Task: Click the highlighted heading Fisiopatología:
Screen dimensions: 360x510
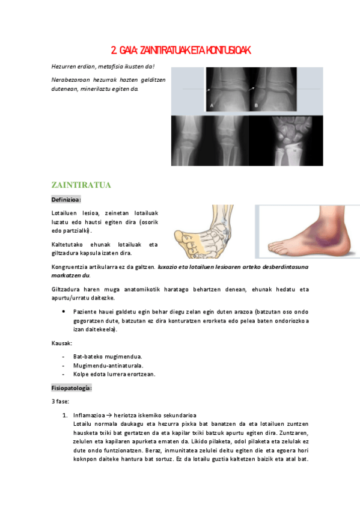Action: pyautogui.click(x=72, y=388)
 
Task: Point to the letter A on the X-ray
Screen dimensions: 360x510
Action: pyautogui.click(x=212, y=104)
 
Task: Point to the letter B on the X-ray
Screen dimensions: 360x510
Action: pyautogui.click(x=257, y=104)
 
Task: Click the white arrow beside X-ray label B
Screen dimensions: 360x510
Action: pyautogui.click(x=255, y=89)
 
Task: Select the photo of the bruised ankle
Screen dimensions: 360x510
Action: pyautogui.click(x=307, y=232)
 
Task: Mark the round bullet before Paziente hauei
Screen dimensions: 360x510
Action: pyautogui.click(x=64, y=312)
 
